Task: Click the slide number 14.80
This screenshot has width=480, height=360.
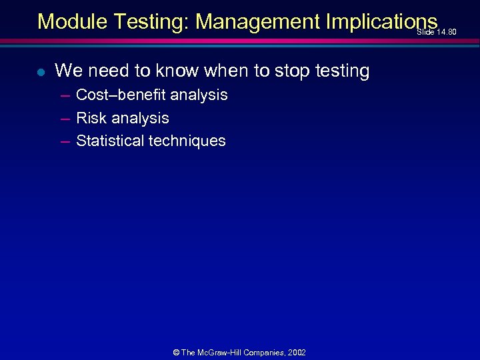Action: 446,32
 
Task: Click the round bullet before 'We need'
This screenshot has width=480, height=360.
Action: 41,71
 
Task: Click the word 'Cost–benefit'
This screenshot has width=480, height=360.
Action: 121,95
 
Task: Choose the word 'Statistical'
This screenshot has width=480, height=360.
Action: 111,141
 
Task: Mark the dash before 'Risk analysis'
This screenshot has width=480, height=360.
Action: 65,119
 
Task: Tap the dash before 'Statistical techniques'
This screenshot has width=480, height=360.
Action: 65,141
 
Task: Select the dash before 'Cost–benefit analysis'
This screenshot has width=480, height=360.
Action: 65,95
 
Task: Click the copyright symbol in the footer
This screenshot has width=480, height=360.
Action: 175,353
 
